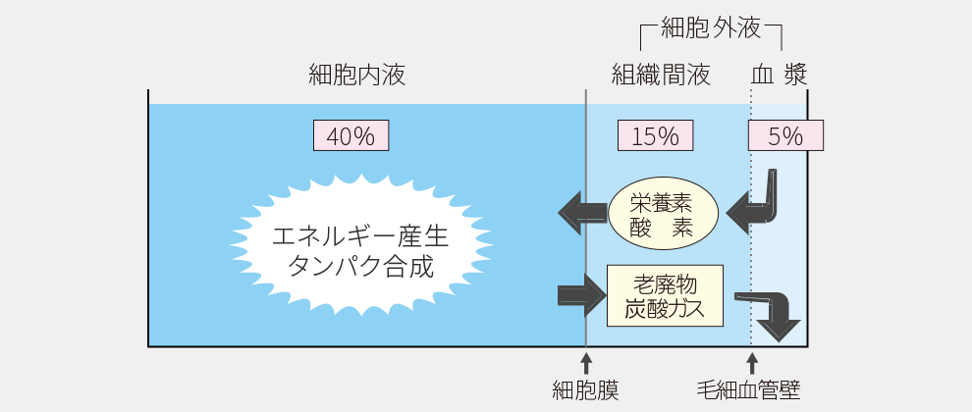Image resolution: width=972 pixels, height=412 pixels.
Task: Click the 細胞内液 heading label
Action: [355, 75]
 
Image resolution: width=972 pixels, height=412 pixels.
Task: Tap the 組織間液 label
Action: [660, 75]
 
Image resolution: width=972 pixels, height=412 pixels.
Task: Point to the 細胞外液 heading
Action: [711, 28]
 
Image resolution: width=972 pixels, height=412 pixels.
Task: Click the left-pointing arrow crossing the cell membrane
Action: [582, 208]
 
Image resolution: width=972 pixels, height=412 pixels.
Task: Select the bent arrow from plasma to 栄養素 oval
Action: [757, 203]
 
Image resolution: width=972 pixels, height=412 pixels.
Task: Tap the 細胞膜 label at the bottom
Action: [586, 390]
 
